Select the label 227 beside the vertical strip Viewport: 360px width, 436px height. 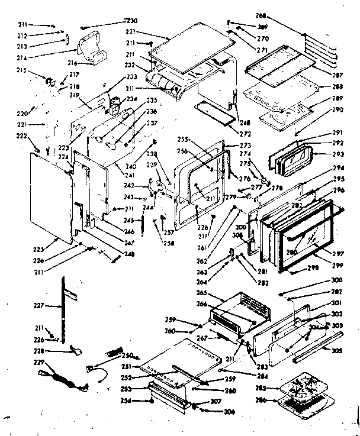pos(39,306)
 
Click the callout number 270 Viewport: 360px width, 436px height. pos(262,38)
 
